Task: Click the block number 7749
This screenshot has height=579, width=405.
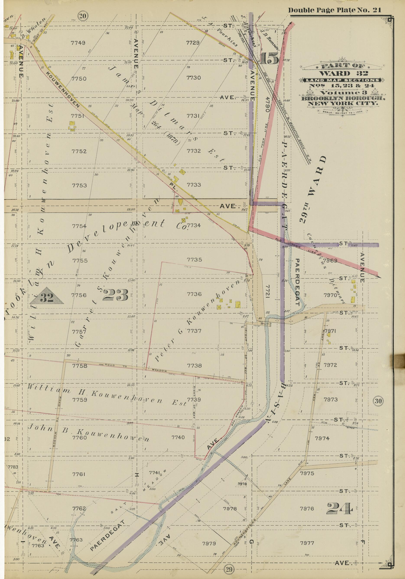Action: (78, 43)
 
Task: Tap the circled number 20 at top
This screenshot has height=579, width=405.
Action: (83, 16)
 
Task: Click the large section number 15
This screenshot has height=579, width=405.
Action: (269, 58)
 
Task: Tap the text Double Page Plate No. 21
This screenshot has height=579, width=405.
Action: (334, 10)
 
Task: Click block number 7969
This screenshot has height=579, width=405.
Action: (330, 260)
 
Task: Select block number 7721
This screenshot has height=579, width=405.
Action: (268, 293)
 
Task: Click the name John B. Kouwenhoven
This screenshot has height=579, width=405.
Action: (88, 431)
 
